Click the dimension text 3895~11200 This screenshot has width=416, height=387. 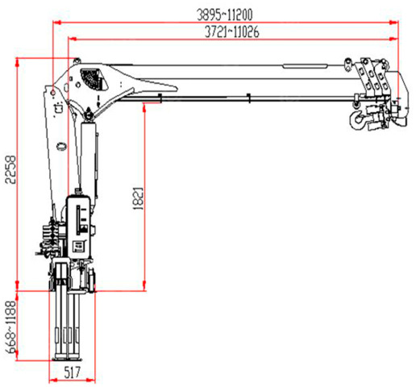[225, 15]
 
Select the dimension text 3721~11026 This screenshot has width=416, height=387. [232, 31]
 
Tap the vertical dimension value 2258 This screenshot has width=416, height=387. [11, 169]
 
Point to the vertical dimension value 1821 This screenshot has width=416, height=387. [139, 198]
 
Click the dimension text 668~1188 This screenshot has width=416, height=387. [11, 327]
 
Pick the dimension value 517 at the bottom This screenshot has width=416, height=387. [73, 372]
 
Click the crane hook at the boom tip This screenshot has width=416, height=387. [356, 119]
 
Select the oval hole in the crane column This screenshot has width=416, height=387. [62, 146]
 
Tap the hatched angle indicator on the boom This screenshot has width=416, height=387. [93, 79]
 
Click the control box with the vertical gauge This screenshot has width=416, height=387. [80, 227]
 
